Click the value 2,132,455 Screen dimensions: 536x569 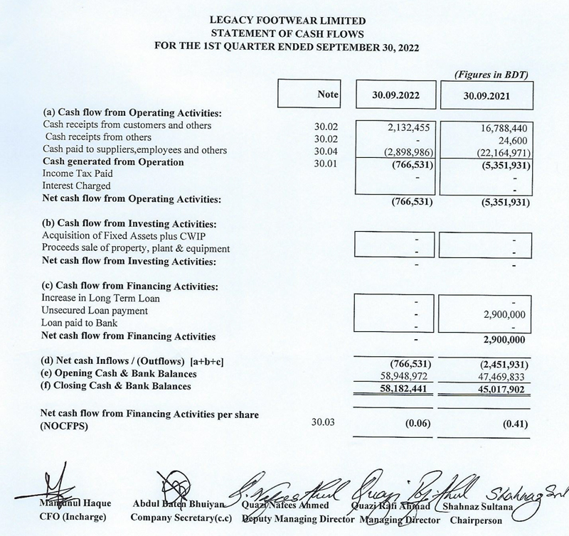(x=408, y=126)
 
